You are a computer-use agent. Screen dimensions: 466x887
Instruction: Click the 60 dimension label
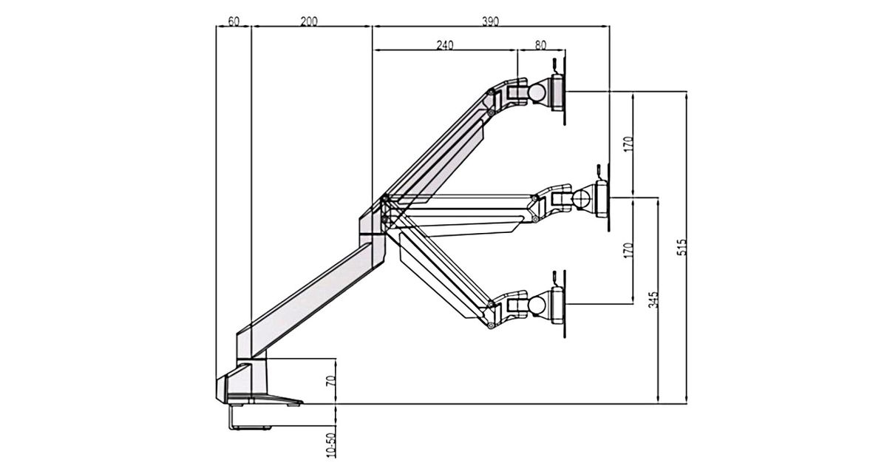pos(234,21)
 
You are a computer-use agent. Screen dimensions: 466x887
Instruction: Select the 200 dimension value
pos(309,21)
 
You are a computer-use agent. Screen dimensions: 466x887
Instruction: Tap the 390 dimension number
pos(489,21)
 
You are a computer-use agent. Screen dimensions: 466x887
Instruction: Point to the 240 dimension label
pos(444,45)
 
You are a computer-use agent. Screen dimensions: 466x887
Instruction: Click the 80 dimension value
pos(540,45)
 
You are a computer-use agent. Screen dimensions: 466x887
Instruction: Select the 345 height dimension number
pos(653,300)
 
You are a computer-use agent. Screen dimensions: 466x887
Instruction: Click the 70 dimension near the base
pos(331,382)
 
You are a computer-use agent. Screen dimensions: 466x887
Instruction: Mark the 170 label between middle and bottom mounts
pos(628,250)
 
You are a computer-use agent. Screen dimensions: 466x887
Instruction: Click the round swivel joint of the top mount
pos(537,92)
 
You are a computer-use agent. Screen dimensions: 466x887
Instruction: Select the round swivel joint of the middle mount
pos(582,198)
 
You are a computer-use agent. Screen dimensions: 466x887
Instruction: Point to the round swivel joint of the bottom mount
pos(537,303)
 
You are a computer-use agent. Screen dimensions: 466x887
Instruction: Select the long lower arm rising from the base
pos(310,296)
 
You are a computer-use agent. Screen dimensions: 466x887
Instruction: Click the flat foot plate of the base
pos(277,400)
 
